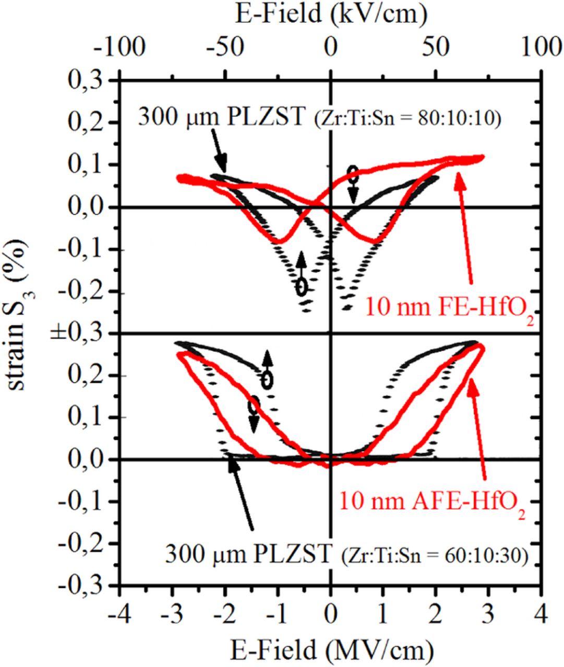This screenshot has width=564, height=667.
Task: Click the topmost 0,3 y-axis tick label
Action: coord(88,81)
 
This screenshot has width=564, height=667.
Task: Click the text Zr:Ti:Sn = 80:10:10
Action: coord(407,119)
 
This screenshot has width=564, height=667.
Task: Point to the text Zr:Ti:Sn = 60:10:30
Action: coord(435,557)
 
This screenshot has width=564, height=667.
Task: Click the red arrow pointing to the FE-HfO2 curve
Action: coord(464,229)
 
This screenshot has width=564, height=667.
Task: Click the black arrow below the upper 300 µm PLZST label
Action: coord(220,155)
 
